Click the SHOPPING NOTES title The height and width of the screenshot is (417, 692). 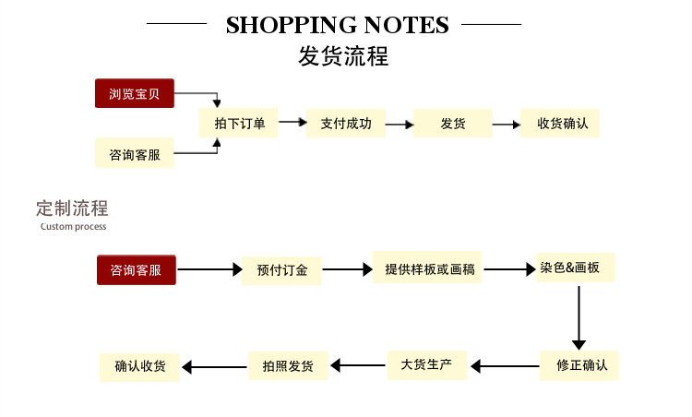click(x=337, y=25)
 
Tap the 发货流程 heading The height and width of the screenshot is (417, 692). click(x=343, y=56)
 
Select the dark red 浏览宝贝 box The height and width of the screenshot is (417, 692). click(x=134, y=93)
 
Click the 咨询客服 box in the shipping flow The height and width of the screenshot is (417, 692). click(x=134, y=154)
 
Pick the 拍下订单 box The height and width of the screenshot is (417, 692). click(x=239, y=123)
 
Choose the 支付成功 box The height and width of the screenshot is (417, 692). click(x=345, y=123)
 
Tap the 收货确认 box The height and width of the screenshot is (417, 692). click(x=559, y=123)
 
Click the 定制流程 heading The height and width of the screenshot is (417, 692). click(x=72, y=208)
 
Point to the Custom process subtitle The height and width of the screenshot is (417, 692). click(x=73, y=226)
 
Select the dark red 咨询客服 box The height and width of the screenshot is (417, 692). click(x=136, y=270)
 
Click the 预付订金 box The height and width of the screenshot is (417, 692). click(x=281, y=270)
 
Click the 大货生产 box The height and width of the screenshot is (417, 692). click(x=426, y=364)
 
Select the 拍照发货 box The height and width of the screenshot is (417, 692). click(x=288, y=366)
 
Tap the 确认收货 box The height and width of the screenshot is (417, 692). click(x=140, y=366)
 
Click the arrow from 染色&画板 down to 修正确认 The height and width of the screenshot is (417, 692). click(x=579, y=317)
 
